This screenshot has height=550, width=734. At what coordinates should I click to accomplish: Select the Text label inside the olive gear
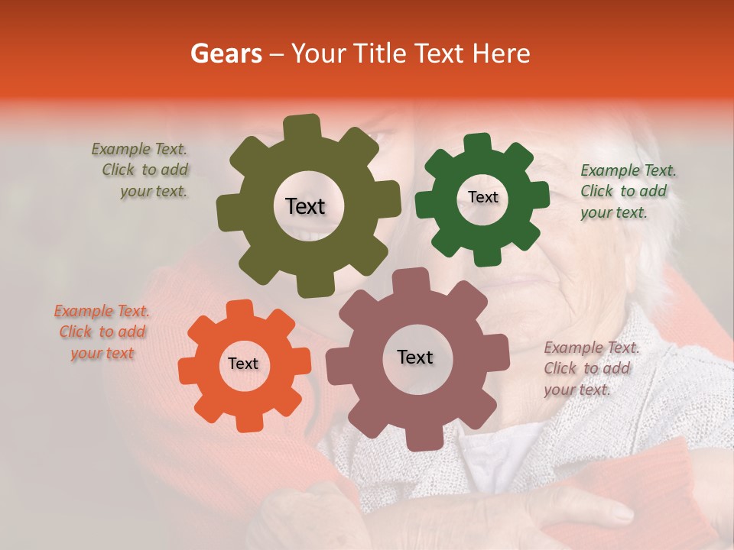coord(305,206)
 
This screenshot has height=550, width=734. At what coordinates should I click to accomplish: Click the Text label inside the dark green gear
coord(482,197)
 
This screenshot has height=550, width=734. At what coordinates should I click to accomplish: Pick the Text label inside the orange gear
coord(243,364)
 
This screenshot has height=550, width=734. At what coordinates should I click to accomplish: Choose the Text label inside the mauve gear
coord(415,357)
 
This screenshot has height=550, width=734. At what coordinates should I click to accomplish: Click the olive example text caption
coord(140,170)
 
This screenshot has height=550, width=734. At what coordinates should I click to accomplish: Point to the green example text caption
coord(627,191)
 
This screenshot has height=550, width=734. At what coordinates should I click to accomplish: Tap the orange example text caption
coord(102,332)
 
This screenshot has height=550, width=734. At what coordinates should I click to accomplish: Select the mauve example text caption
coord(590,368)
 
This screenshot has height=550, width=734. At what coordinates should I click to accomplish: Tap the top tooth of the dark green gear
coord(478,144)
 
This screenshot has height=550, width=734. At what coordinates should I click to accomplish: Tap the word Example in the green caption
coord(609,170)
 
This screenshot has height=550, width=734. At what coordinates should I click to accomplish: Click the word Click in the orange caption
coord(75,332)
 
